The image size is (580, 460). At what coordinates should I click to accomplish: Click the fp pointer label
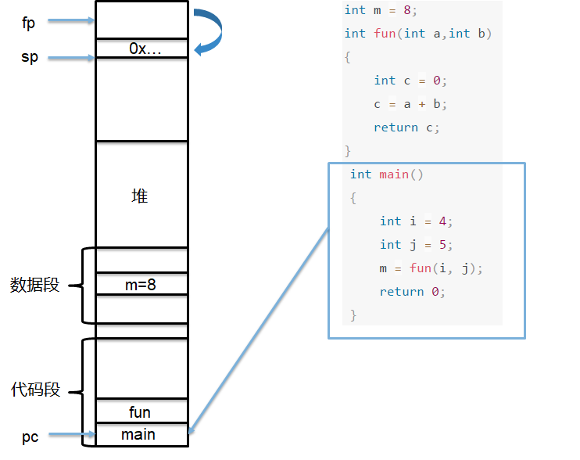point(28,23)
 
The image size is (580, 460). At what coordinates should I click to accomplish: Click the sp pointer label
point(30,57)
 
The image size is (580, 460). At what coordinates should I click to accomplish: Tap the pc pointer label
point(30,437)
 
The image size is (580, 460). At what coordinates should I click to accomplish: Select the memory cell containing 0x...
point(141,48)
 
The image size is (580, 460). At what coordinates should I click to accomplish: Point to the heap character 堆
point(140,196)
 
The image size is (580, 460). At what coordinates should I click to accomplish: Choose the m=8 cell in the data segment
point(141,284)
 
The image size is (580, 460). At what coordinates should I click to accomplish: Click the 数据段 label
point(34,285)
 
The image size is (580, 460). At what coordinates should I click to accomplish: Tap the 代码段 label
point(35,390)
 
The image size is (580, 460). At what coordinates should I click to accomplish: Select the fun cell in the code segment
point(141,411)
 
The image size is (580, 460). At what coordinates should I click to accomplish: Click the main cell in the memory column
point(141,434)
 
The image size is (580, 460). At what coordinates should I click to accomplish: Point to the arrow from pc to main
point(72,434)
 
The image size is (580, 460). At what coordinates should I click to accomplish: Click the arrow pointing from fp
point(71,20)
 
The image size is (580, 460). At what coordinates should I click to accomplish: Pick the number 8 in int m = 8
point(407,10)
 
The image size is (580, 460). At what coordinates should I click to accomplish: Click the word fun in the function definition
point(385,34)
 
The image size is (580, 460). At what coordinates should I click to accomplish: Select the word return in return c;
point(396,128)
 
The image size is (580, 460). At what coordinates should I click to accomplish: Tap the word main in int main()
point(394,174)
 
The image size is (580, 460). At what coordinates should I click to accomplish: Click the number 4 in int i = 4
point(442,221)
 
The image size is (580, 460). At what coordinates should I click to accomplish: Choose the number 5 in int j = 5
point(442,244)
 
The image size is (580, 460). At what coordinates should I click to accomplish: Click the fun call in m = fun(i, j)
point(421,268)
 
